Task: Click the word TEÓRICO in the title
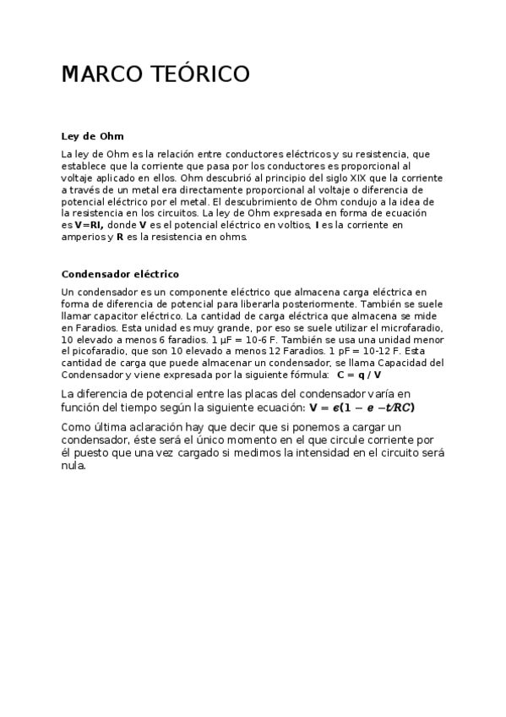(x=204, y=74)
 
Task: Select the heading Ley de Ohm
(x=93, y=135)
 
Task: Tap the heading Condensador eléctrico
(x=120, y=274)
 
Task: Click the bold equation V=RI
(x=90, y=226)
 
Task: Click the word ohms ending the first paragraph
(x=232, y=238)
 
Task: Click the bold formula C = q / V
(x=359, y=375)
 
